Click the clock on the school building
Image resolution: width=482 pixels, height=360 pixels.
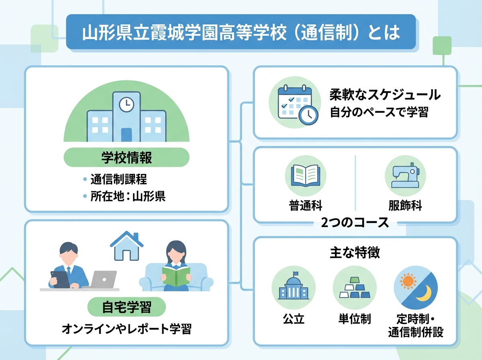[x=127, y=104]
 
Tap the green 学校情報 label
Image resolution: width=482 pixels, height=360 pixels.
[x=127, y=157]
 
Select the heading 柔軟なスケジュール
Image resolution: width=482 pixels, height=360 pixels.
[x=385, y=95]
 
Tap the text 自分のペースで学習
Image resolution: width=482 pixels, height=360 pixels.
[x=379, y=112]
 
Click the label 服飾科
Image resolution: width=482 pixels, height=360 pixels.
[x=405, y=206]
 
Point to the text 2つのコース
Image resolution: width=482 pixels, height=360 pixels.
[x=355, y=222]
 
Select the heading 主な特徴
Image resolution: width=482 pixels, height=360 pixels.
[x=355, y=253]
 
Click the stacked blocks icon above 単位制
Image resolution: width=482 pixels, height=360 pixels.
[x=353, y=287]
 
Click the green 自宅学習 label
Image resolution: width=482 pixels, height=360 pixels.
[x=127, y=308]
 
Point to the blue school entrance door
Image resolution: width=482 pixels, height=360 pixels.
[x=127, y=135]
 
